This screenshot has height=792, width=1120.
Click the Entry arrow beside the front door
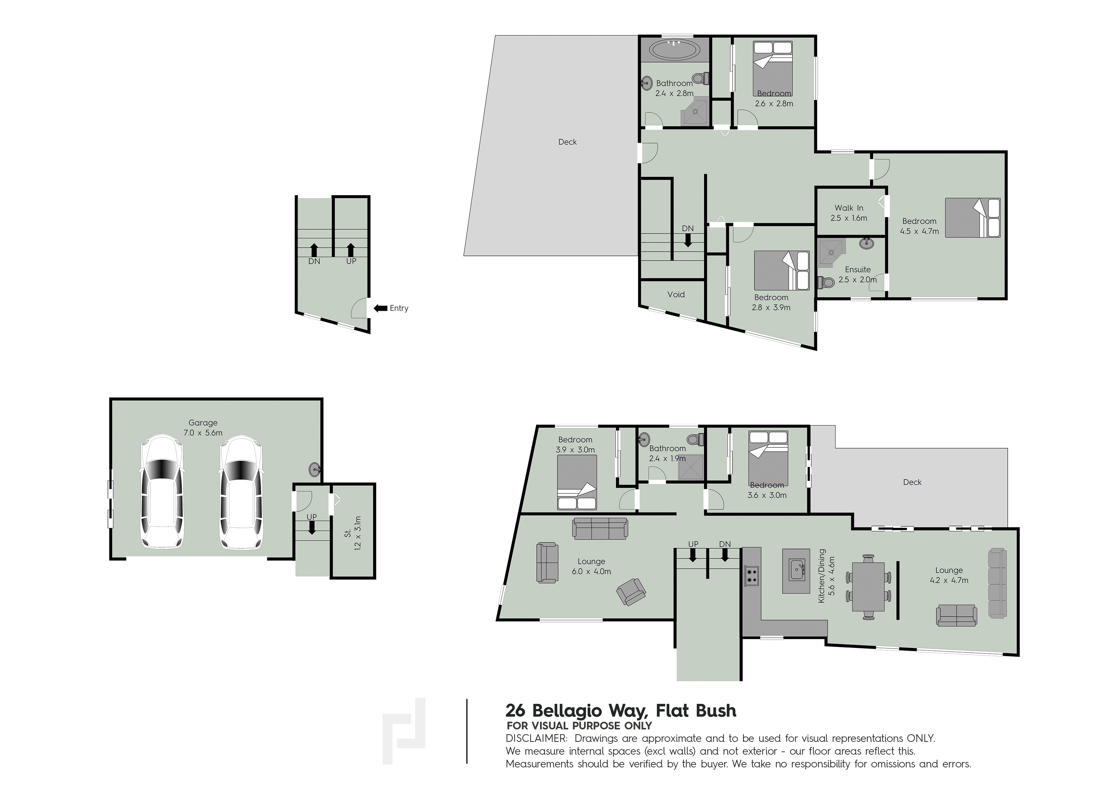(380, 308)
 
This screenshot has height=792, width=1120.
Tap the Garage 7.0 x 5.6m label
(203, 428)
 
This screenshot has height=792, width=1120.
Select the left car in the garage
(162, 491)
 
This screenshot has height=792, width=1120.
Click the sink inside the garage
(315, 469)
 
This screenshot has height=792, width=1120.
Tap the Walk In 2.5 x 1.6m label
(849, 213)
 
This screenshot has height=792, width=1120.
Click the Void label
(676, 294)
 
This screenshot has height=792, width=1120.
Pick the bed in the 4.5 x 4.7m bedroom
(973, 218)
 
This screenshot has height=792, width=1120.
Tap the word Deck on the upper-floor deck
(567, 142)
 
